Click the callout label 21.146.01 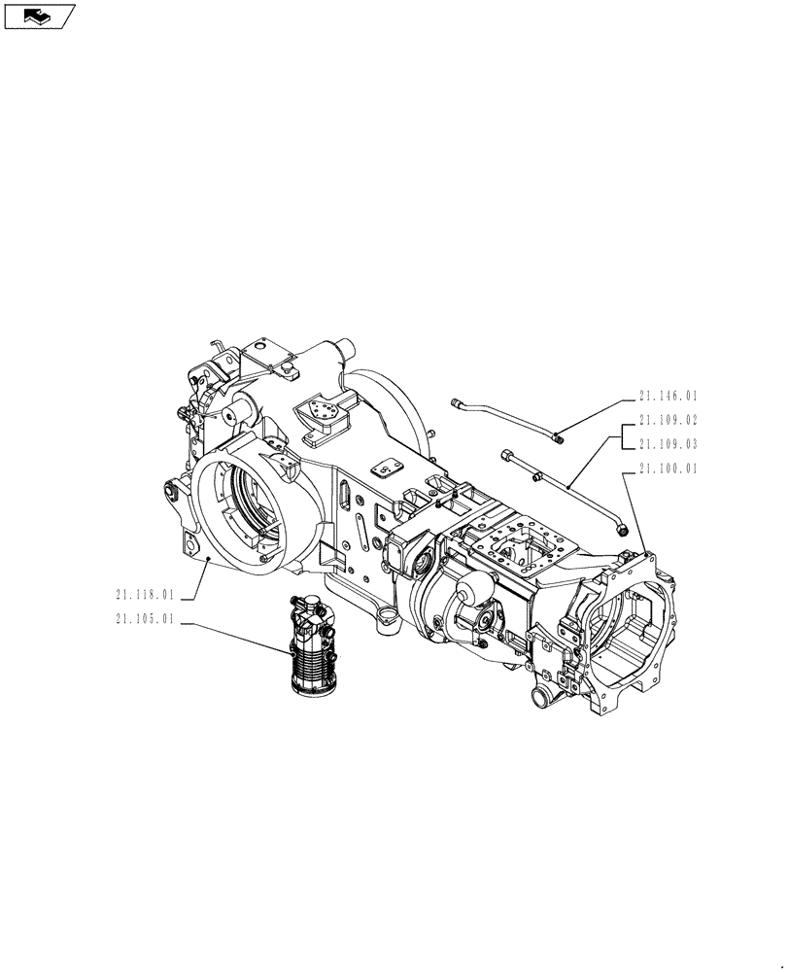[x=669, y=397]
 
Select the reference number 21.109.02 [x=669, y=421]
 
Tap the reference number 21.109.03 [x=669, y=444]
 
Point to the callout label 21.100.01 [x=669, y=469]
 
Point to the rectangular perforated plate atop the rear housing [x=324, y=415]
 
